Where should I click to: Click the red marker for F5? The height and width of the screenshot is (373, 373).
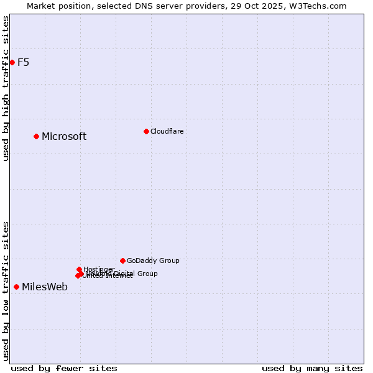click(x=12, y=62)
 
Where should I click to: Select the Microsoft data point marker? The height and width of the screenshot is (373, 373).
click(x=36, y=136)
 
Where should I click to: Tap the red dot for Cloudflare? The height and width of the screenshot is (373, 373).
click(x=146, y=131)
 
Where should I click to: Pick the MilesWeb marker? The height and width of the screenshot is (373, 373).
click(x=16, y=287)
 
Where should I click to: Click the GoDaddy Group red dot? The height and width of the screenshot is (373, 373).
click(x=122, y=260)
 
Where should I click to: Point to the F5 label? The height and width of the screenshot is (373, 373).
click(x=23, y=62)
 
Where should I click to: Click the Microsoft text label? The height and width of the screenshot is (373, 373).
click(x=64, y=137)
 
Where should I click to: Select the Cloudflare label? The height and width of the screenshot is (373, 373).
click(x=167, y=131)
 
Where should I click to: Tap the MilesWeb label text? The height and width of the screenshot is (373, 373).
click(x=45, y=287)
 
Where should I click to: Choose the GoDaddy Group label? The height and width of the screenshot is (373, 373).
click(x=153, y=261)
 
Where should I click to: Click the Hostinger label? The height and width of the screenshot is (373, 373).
click(x=99, y=269)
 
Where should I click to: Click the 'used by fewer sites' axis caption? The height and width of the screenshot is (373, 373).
click(x=64, y=368)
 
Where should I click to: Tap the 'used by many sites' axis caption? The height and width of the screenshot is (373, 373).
click(x=312, y=368)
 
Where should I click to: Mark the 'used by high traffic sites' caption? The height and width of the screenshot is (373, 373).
click(x=6, y=88)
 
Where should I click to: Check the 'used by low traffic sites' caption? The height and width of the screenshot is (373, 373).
click(x=6, y=291)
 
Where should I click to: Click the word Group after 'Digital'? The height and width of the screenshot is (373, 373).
click(x=147, y=274)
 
